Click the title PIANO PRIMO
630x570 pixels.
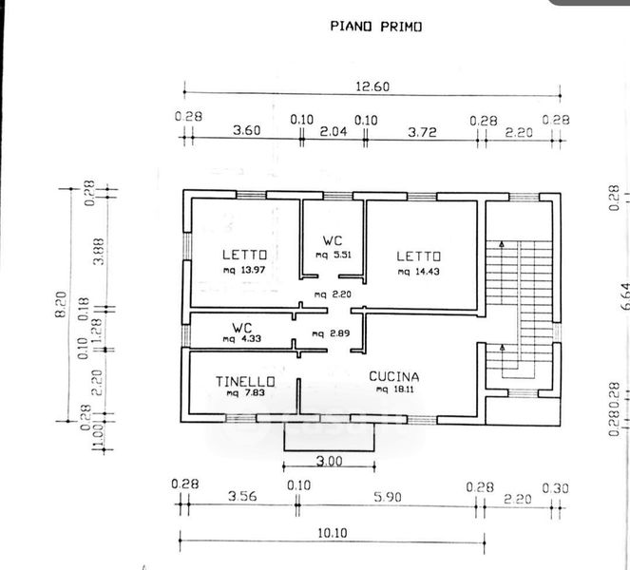point(375,27)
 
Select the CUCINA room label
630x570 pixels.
point(393,376)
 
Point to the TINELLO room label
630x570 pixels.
point(245,382)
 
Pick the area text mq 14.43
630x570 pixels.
point(418,271)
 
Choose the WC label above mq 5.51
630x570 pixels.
point(332,239)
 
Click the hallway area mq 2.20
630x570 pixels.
point(334,294)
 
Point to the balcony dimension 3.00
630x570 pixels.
point(330,461)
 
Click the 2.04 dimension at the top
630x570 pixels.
point(334,133)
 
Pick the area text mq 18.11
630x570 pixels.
point(395,389)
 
